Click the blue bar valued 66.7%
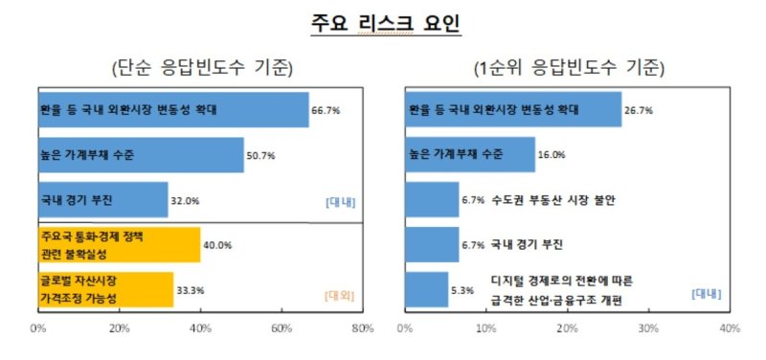[173, 110]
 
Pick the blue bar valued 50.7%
[141, 154]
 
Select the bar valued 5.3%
[427, 289]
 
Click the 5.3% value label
[464, 290]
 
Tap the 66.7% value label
[327, 111]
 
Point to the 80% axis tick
[362, 329]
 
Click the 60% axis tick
[282, 329]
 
